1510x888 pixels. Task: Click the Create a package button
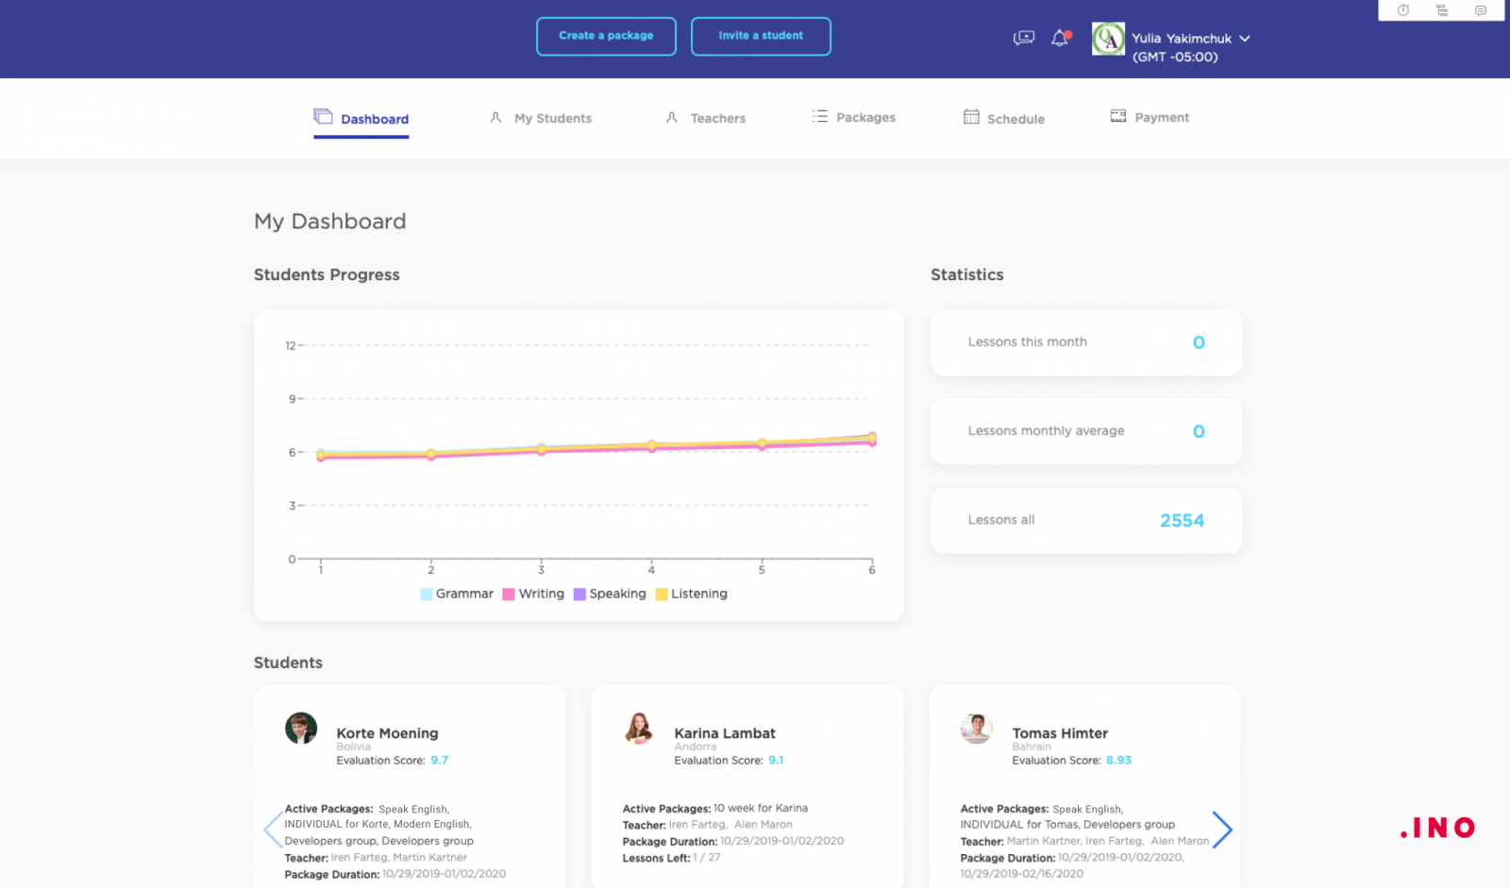(x=606, y=36)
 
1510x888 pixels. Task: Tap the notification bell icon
(x=1060, y=38)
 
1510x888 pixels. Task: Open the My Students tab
(x=552, y=118)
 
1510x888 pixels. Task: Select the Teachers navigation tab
(x=717, y=118)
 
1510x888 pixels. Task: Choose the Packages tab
(x=864, y=117)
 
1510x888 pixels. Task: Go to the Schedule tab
(x=1015, y=119)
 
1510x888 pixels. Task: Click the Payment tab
(x=1161, y=117)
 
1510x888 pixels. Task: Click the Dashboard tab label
(x=374, y=119)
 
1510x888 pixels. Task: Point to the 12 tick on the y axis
(x=291, y=345)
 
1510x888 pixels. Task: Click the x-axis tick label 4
(x=651, y=570)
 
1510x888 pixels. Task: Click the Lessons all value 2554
(x=1182, y=520)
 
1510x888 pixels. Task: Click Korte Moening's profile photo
(x=301, y=729)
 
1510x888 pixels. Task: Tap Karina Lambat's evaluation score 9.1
(x=776, y=761)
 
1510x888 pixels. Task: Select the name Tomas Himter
(x=1060, y=733)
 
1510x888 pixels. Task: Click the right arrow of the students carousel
(x=1222, y=829)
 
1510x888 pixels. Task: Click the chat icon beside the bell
(x=1024, y=38)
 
